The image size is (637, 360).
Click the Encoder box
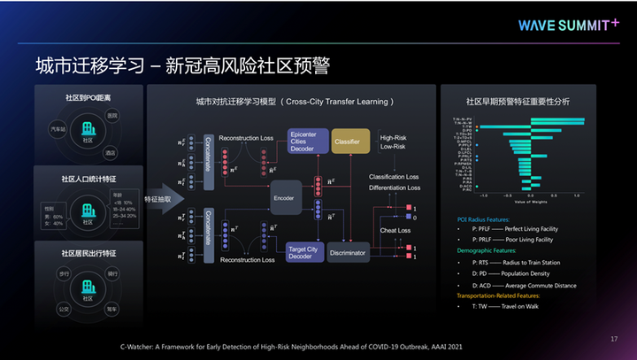point(283,198)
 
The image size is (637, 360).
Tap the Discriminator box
point(347,253)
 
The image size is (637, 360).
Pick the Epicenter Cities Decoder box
point(302,141)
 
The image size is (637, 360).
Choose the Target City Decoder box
point(302,254)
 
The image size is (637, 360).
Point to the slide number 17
point(613,339)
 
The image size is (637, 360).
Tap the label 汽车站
point(58,129)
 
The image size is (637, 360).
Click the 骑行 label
point(112,274)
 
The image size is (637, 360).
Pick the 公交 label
point(65,310)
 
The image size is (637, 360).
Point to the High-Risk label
point(393,138)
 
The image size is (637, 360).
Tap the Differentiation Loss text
point(395,188)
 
